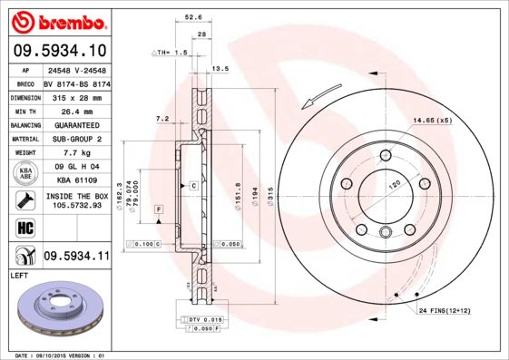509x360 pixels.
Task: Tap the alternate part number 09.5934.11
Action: tap(77, 255)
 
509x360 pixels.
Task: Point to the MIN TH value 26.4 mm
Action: tap(77, 110)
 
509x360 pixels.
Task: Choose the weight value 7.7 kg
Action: tap(77, 153)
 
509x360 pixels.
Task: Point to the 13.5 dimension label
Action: tap(220, 69)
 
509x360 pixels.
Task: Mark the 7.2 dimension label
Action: tap(163, 119)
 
